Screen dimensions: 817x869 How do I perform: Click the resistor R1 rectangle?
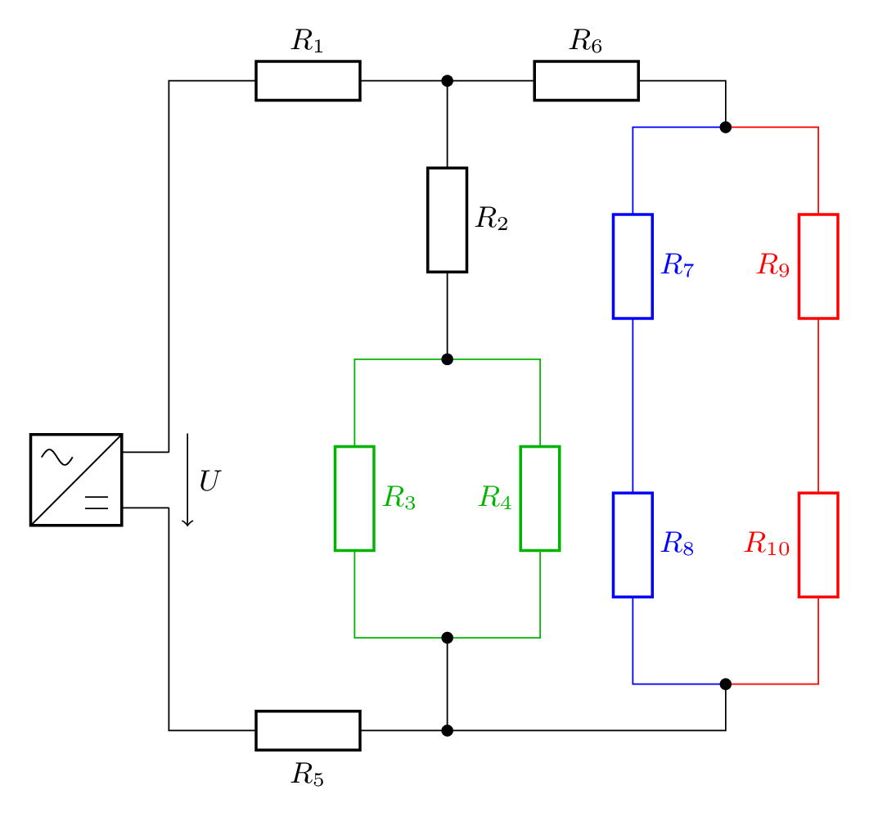[x=308, y=81]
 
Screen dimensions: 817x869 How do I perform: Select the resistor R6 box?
[x=586, y=81]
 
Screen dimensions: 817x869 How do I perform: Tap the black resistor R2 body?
[x=448, y=219]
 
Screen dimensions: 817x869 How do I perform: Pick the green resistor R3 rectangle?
[x=354, y=499]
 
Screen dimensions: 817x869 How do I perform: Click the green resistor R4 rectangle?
[x=540, y=499]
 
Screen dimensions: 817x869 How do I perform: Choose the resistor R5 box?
[x=308, y=730]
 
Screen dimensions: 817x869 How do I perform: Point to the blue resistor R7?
[x=633, y=266]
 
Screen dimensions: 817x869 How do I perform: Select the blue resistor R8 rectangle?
[x=633, y=544]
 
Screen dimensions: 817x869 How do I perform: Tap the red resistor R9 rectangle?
[x=818, y=266]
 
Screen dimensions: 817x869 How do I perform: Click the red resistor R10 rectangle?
[x=818, y=544]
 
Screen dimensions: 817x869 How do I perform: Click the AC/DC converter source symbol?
[x=76, y=480]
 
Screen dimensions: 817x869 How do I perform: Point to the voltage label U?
[x=209, y=481]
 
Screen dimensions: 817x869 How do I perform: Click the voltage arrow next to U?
[x=187, y=480]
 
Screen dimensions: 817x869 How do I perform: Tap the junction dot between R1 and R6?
[x=448, y=81]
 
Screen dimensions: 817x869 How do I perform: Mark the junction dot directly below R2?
[x=448, y=359]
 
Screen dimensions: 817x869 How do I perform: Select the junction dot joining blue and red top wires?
[x=726, y=127]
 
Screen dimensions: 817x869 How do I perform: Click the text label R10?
[x=767, y=544]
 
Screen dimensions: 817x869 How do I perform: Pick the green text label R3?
[x=399, y=498]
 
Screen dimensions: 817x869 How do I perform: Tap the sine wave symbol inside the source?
[x=57, y=458]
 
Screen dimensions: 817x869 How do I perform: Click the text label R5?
[x=308, y=774]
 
